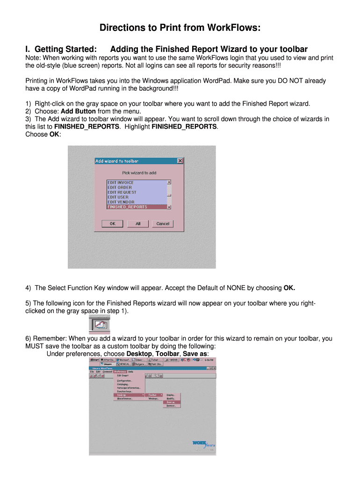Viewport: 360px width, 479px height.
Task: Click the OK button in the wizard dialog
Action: tap(113, 224)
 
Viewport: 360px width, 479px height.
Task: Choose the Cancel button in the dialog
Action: tap(163, 224)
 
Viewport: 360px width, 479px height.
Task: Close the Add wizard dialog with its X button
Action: tap(180, 161)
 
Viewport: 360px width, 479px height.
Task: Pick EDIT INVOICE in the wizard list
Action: tap(121, 182)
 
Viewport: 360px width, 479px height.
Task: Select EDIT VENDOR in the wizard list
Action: tap(121, 202)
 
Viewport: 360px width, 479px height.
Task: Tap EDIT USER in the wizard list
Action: tap(118, 197)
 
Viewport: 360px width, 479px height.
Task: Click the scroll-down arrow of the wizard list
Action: tap(169, 207)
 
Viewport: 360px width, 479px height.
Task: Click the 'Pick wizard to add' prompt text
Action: tap(139, 173)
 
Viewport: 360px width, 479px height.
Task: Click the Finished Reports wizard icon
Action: tap(99, 324)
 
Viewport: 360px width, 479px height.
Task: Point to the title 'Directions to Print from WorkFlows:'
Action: tap(180, 29)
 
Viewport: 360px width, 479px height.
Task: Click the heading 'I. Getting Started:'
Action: tap(61, 49)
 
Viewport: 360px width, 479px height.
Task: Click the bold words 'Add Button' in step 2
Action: tap(79, 111)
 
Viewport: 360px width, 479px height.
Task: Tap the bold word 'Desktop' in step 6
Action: tap(139, 354)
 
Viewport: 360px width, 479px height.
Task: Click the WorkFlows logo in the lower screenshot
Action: tap(203, 443)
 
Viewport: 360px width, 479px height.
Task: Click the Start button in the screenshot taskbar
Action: tap(95, 360)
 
